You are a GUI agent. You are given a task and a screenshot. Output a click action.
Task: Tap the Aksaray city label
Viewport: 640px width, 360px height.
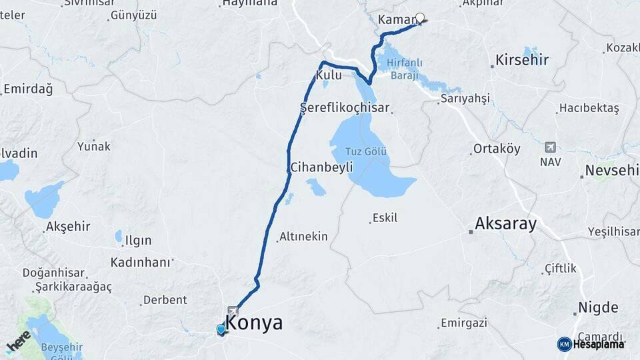pos(505,224)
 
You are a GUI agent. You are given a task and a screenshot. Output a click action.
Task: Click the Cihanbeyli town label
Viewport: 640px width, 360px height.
pos(321,168)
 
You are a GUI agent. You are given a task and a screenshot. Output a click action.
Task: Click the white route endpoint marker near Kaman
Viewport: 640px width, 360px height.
pos(420,18)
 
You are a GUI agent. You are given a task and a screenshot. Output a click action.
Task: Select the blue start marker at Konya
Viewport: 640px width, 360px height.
pos(221,329)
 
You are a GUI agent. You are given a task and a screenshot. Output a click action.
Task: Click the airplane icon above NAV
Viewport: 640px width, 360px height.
pos(550,147)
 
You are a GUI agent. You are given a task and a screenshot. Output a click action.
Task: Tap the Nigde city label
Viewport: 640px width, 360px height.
pos(599,308)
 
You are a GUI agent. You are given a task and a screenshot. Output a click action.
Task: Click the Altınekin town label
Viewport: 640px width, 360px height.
pos(303,236)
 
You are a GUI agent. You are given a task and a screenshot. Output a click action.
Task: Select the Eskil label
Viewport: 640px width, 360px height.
pos(385,217)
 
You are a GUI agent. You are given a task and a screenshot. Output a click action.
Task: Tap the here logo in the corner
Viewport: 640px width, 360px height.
pos(19,340)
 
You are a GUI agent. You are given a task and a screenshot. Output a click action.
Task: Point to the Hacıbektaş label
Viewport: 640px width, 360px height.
pos(589,108)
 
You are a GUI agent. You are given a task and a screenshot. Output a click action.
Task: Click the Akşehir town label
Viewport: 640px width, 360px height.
pos(68,227)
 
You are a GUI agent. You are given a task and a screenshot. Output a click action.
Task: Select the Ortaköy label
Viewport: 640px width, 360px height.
pos(497,149)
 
